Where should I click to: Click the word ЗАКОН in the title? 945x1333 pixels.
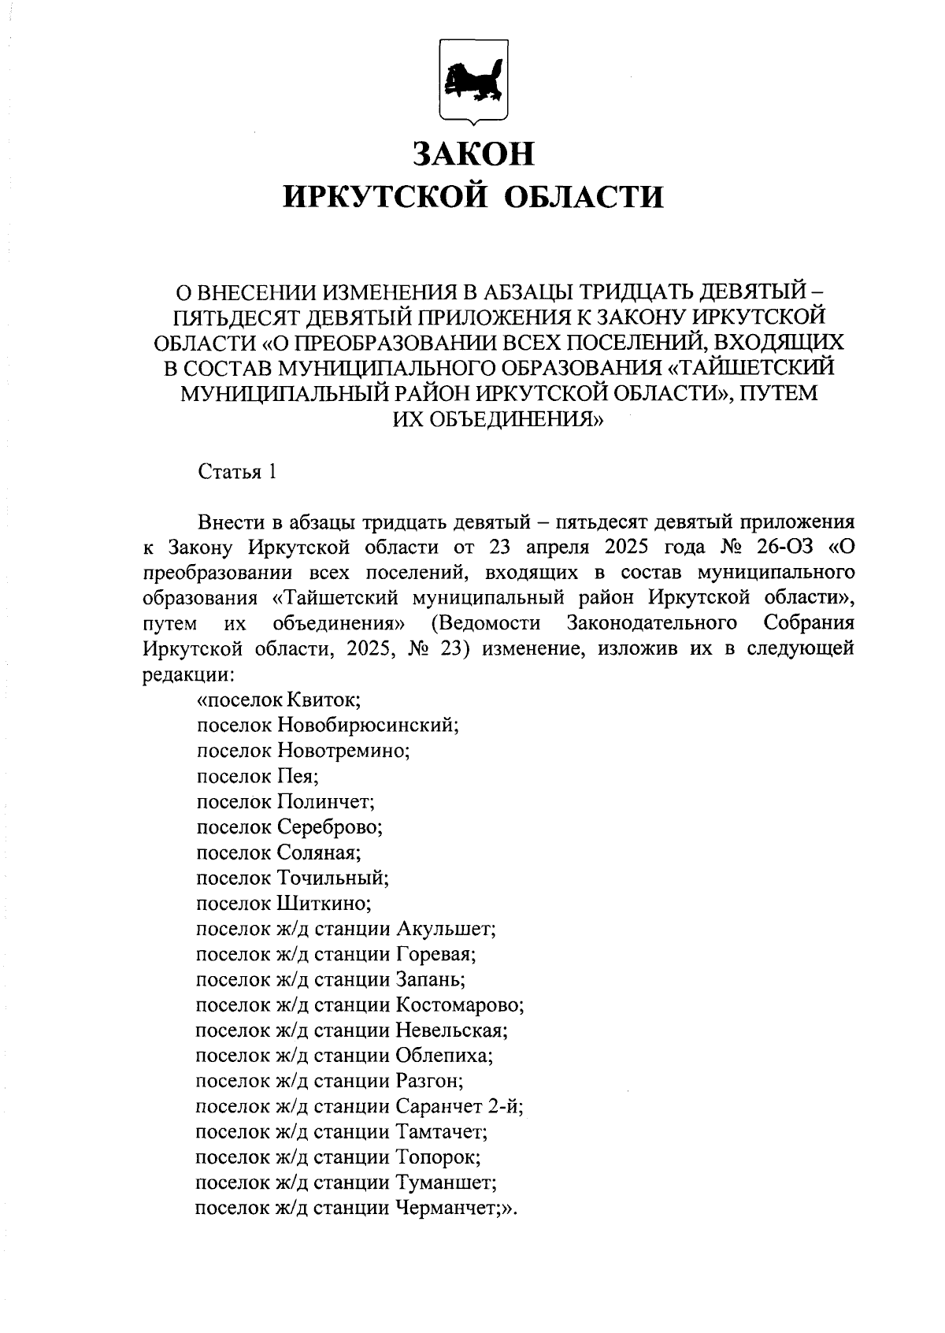tap(474, 154)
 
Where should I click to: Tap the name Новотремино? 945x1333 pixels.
tap(343, 750)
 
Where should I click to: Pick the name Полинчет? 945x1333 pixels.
tap(325, 802)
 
